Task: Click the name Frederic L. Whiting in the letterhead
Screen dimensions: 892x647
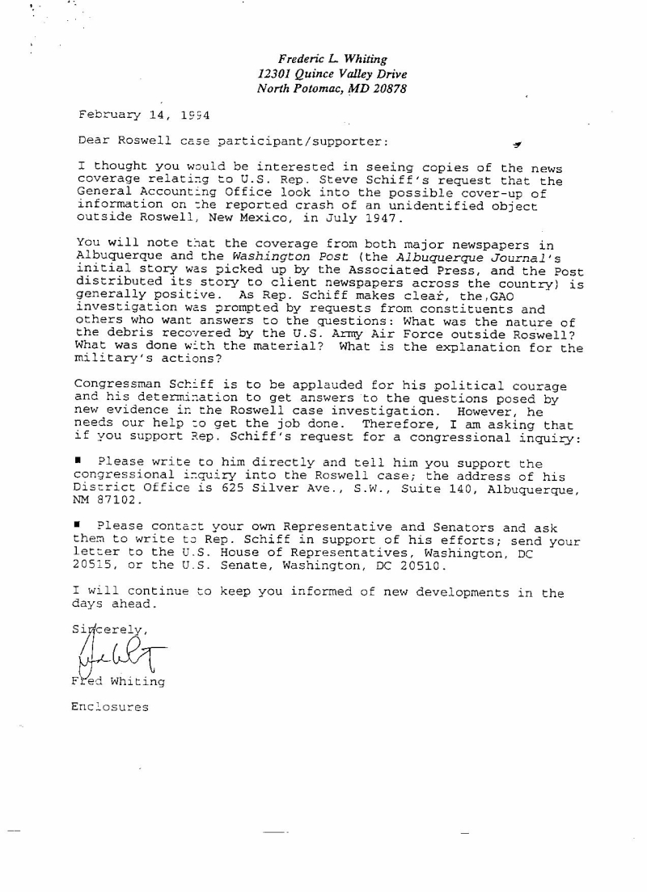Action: [x=332, y=59]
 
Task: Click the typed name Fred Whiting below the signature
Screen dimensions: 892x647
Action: [x=118, y=681]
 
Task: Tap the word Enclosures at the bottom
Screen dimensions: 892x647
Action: [x=110, y=707]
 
